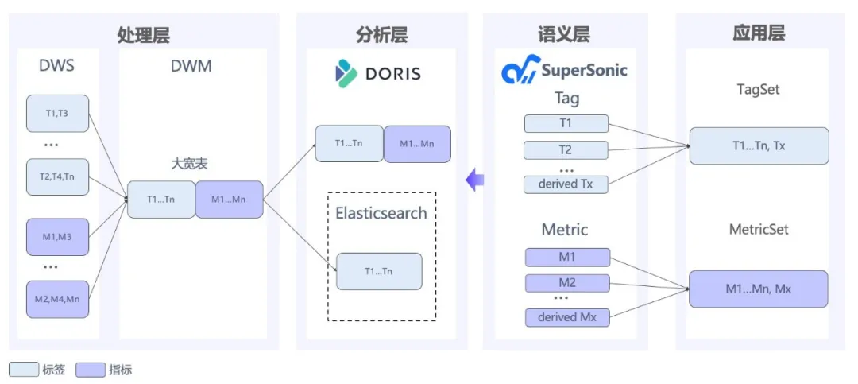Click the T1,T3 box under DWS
(57, 114)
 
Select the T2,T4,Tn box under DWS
(57, 177)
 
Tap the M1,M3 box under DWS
(57, 237)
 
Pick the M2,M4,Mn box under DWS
(57, 299)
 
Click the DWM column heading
(191, 66)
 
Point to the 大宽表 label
(188, 164)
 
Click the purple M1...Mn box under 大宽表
(230, 200)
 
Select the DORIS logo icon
(346, 74)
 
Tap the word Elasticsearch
(381, 212)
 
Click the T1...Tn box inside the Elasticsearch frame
(379, 271)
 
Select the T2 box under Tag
(566, 149)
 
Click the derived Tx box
(566, 184)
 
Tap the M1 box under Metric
(567, 258)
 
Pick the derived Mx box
(567, 318)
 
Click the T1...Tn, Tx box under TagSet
(759, 145)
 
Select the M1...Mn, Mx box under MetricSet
(759, 289)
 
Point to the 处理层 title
(143, 35)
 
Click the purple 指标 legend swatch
(91, 370)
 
